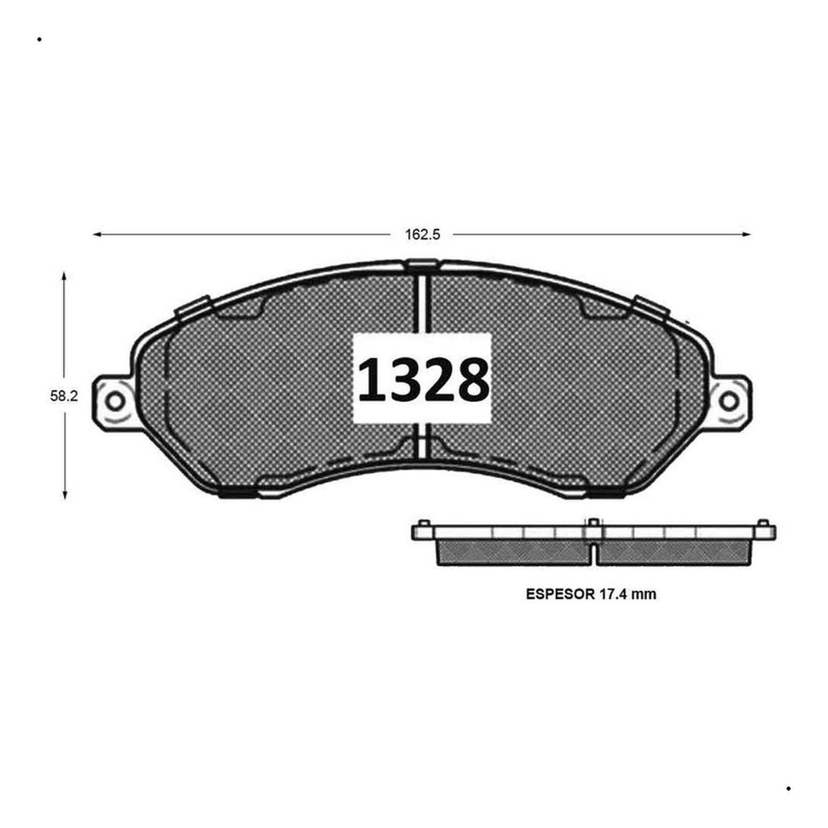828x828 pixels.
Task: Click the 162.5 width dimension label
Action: pyautogui.click(x=422, y=234)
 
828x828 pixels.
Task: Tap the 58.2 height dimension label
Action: pyautogui.click(x=64, y=395)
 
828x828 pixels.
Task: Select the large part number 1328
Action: pyautogui.click(x=422, y=378)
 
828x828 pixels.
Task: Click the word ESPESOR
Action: pyautogui.click(x=560, y=594)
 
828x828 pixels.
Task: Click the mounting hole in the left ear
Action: pyautogui.click(x=115, y=401)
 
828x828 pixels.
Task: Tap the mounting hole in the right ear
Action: pyautogui.click(x=729, y=401)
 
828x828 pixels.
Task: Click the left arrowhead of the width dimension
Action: pyautogui.click(x=97, y=234)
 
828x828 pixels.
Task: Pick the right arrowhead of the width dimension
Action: pyautogui.click(x=746, y=234)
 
